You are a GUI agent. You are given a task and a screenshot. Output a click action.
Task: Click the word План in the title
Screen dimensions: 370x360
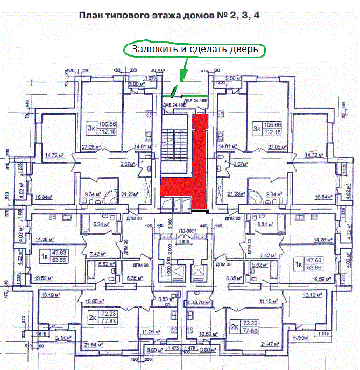pyautogui.click(x=90, y=16)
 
